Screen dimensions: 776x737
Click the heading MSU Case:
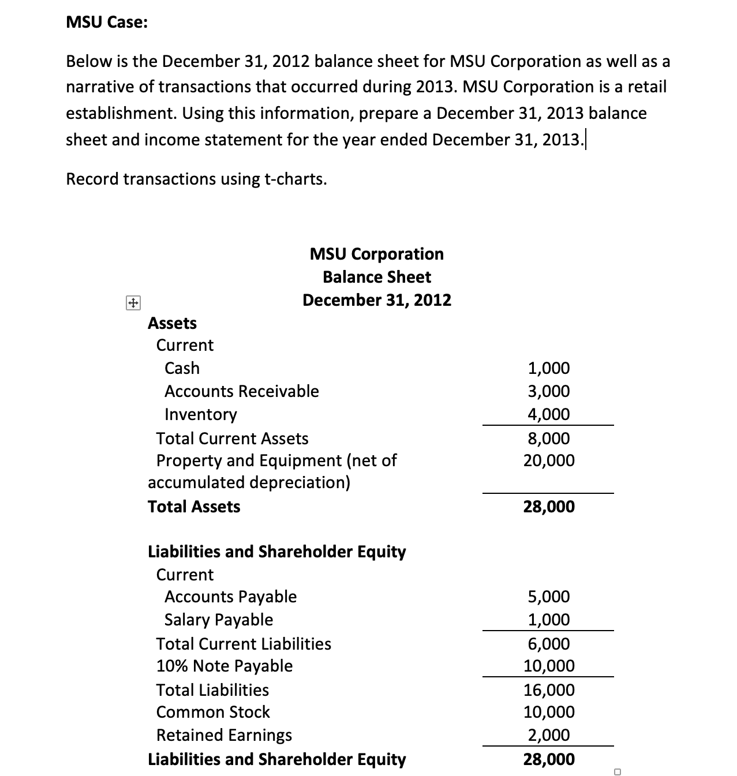[x=107, y=23]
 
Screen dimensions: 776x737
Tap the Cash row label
[x=182, y=368]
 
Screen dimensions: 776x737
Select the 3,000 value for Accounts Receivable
[x=549, y=391]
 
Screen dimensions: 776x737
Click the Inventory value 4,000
[x=549, y=414]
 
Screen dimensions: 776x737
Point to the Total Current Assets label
[x=232, y=438]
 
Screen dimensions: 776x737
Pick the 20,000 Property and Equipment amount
[x=549, y=460]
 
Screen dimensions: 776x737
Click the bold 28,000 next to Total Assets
[x=549, y=507]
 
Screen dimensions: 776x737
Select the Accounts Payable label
[x=230, y=597]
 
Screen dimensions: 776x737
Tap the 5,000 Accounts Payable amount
[x=549, y=597]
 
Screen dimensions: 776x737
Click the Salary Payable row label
[x=219, y=620]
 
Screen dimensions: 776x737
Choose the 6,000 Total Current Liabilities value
[x=549, y=644]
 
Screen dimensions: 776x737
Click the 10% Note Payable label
[x=224, y=666]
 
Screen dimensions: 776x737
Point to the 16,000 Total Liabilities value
[x=549, y=690]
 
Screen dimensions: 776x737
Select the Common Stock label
[x=213, y=712]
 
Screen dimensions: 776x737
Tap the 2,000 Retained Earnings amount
[x=549, y=735]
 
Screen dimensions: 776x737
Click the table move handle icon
[x=133, y=303]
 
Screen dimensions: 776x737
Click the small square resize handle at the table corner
[x=617, y=771]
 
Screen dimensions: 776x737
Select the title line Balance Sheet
[x=376, y=277]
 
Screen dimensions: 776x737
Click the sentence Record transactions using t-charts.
[x=196, y=179]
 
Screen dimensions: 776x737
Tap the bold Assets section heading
[x=172, y=323]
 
